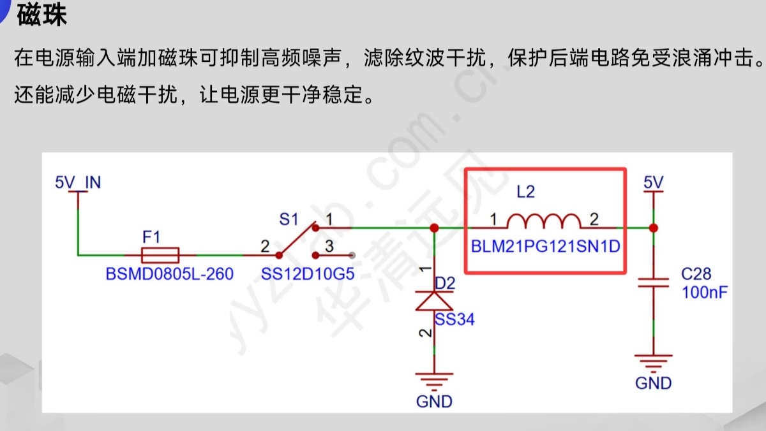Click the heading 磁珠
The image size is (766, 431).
tap(42, 15)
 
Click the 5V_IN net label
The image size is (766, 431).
tap(78, 182)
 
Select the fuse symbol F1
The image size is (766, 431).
tap(160, 255)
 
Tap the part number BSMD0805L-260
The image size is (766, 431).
tap(170, 275)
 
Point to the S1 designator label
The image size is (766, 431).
tap(289, 220)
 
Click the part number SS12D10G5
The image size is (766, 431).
tap(308, 275)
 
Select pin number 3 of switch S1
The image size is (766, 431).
tap(329, 245)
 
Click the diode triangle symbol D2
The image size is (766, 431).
tap(434, 300)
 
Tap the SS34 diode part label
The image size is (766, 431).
tap(455, 319)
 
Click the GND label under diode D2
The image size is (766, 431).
tap(434, 402)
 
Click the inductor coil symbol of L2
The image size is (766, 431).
tap(544, 221)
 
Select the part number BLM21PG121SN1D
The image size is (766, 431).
tap(546, 246)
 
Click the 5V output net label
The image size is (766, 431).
tap(653, 182)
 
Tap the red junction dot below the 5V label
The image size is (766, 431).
tap(653, 228)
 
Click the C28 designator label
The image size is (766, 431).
tap(696, 275)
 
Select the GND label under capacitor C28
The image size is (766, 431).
tap(653, 383)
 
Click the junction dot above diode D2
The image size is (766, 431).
tap(434, 228)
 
